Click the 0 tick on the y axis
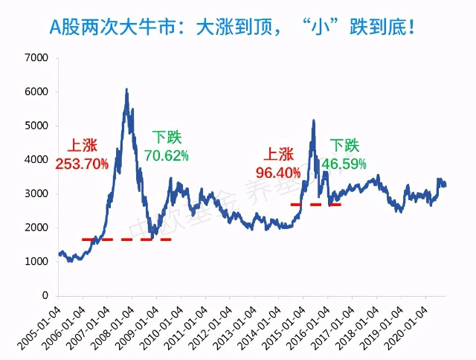tap(45, 296)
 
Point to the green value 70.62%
tap(167, 155)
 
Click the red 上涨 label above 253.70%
tap(83, 145)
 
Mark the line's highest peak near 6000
tap(126, 90)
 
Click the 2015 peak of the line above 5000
tap(313, 120)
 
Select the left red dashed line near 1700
tap(126, 240)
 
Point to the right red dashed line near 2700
tap(315, 204)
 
